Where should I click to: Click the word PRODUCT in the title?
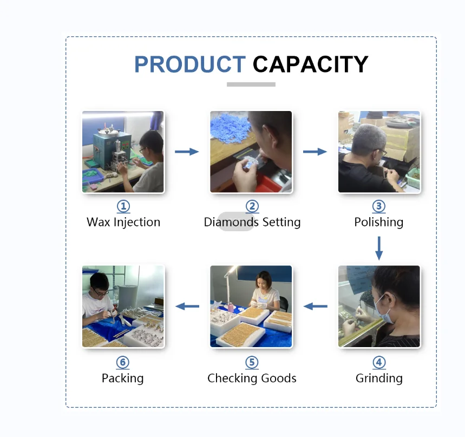click(x=190, y=64)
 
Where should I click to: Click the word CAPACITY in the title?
click(x=311, y=64)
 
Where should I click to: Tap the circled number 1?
click(x=123, y=206)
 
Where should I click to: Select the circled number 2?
click(x=252, y=206)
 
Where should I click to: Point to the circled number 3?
click(x=379, y=206)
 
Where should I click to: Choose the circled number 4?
click(x=379, y=362)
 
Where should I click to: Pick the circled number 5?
click(x=252, y=362)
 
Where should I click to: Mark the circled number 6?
click(x=123, y=362)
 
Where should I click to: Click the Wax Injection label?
click(x=123, y=222)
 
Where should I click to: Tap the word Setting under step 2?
click(x=281, y=222)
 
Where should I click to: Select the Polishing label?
click(x=379, y=222)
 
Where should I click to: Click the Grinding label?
click(x=379, y=379)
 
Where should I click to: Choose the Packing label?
click(x=123, y=379)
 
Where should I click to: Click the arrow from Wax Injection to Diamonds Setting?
click(x=187, y=152)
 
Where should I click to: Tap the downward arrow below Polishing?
click(x=379, y=249)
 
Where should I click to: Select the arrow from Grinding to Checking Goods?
click(x=315, y=306)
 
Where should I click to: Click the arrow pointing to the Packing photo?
click(x=187, y=306)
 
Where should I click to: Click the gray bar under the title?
click(x=251, y=84)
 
